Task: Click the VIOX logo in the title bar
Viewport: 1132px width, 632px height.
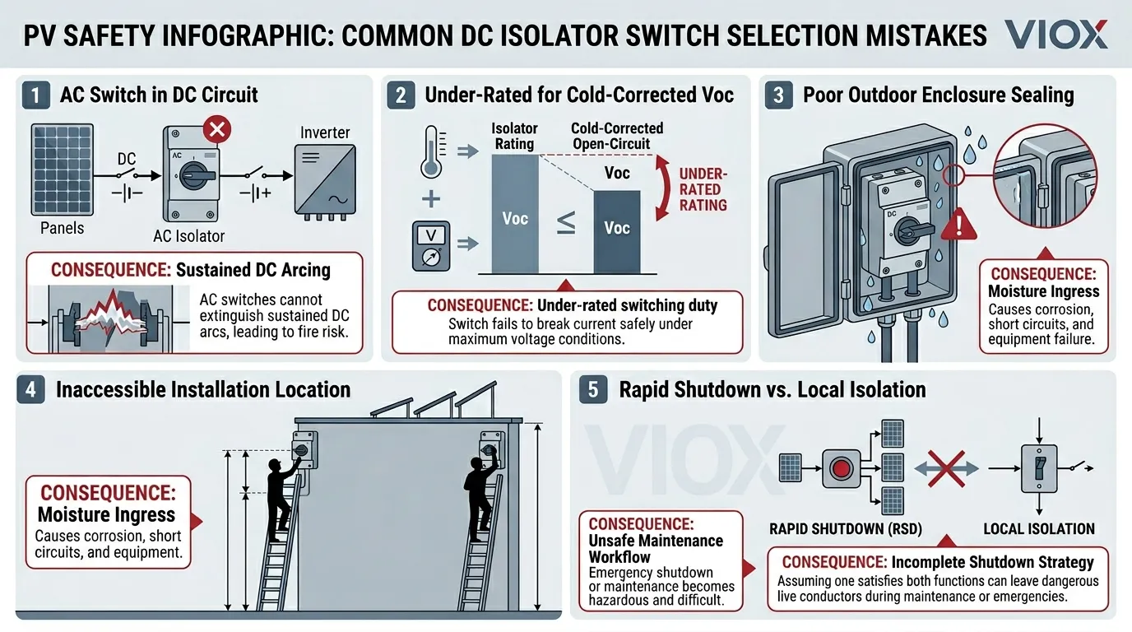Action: tap(1056, 35)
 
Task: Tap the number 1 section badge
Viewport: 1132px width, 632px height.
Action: tap(35, 95)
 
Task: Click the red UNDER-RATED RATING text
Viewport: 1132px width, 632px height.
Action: tap(702, 189)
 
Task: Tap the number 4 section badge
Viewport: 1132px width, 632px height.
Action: tap(30, 389)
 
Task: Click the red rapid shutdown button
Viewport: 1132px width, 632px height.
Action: tap(841, 469)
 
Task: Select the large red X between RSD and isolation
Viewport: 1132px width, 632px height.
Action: tap(945, 468)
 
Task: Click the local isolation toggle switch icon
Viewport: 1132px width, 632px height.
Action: tap(1039, 468)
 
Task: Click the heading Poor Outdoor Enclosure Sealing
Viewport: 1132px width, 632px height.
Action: tap(938, 95)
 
